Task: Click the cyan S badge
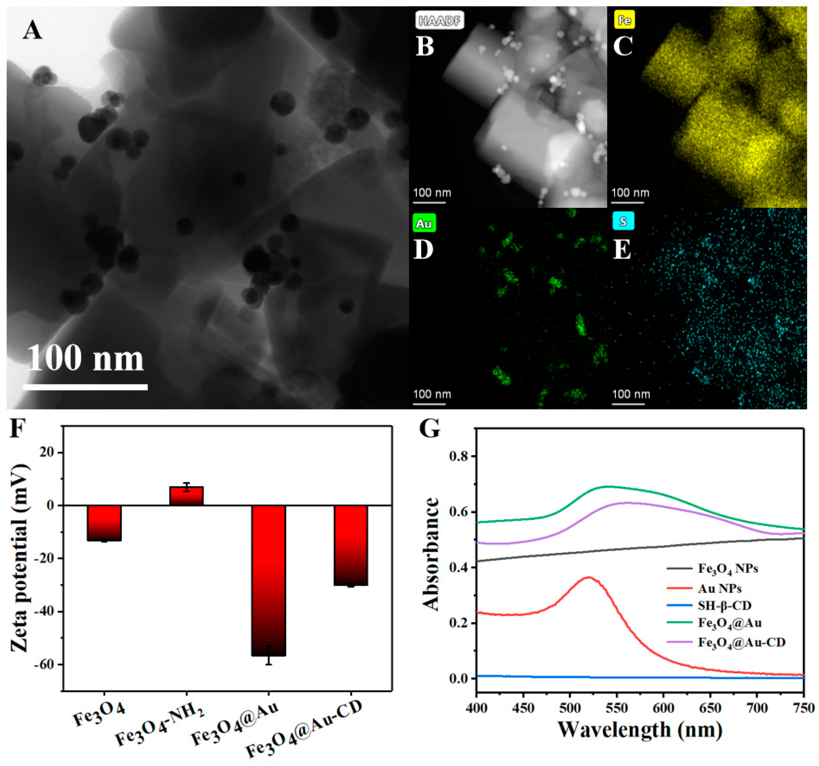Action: tap(623, 221)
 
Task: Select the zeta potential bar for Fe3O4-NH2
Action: tap(187, 496)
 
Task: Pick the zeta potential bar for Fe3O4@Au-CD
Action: tap(351, 546)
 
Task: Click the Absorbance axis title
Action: tap(431, 554)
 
